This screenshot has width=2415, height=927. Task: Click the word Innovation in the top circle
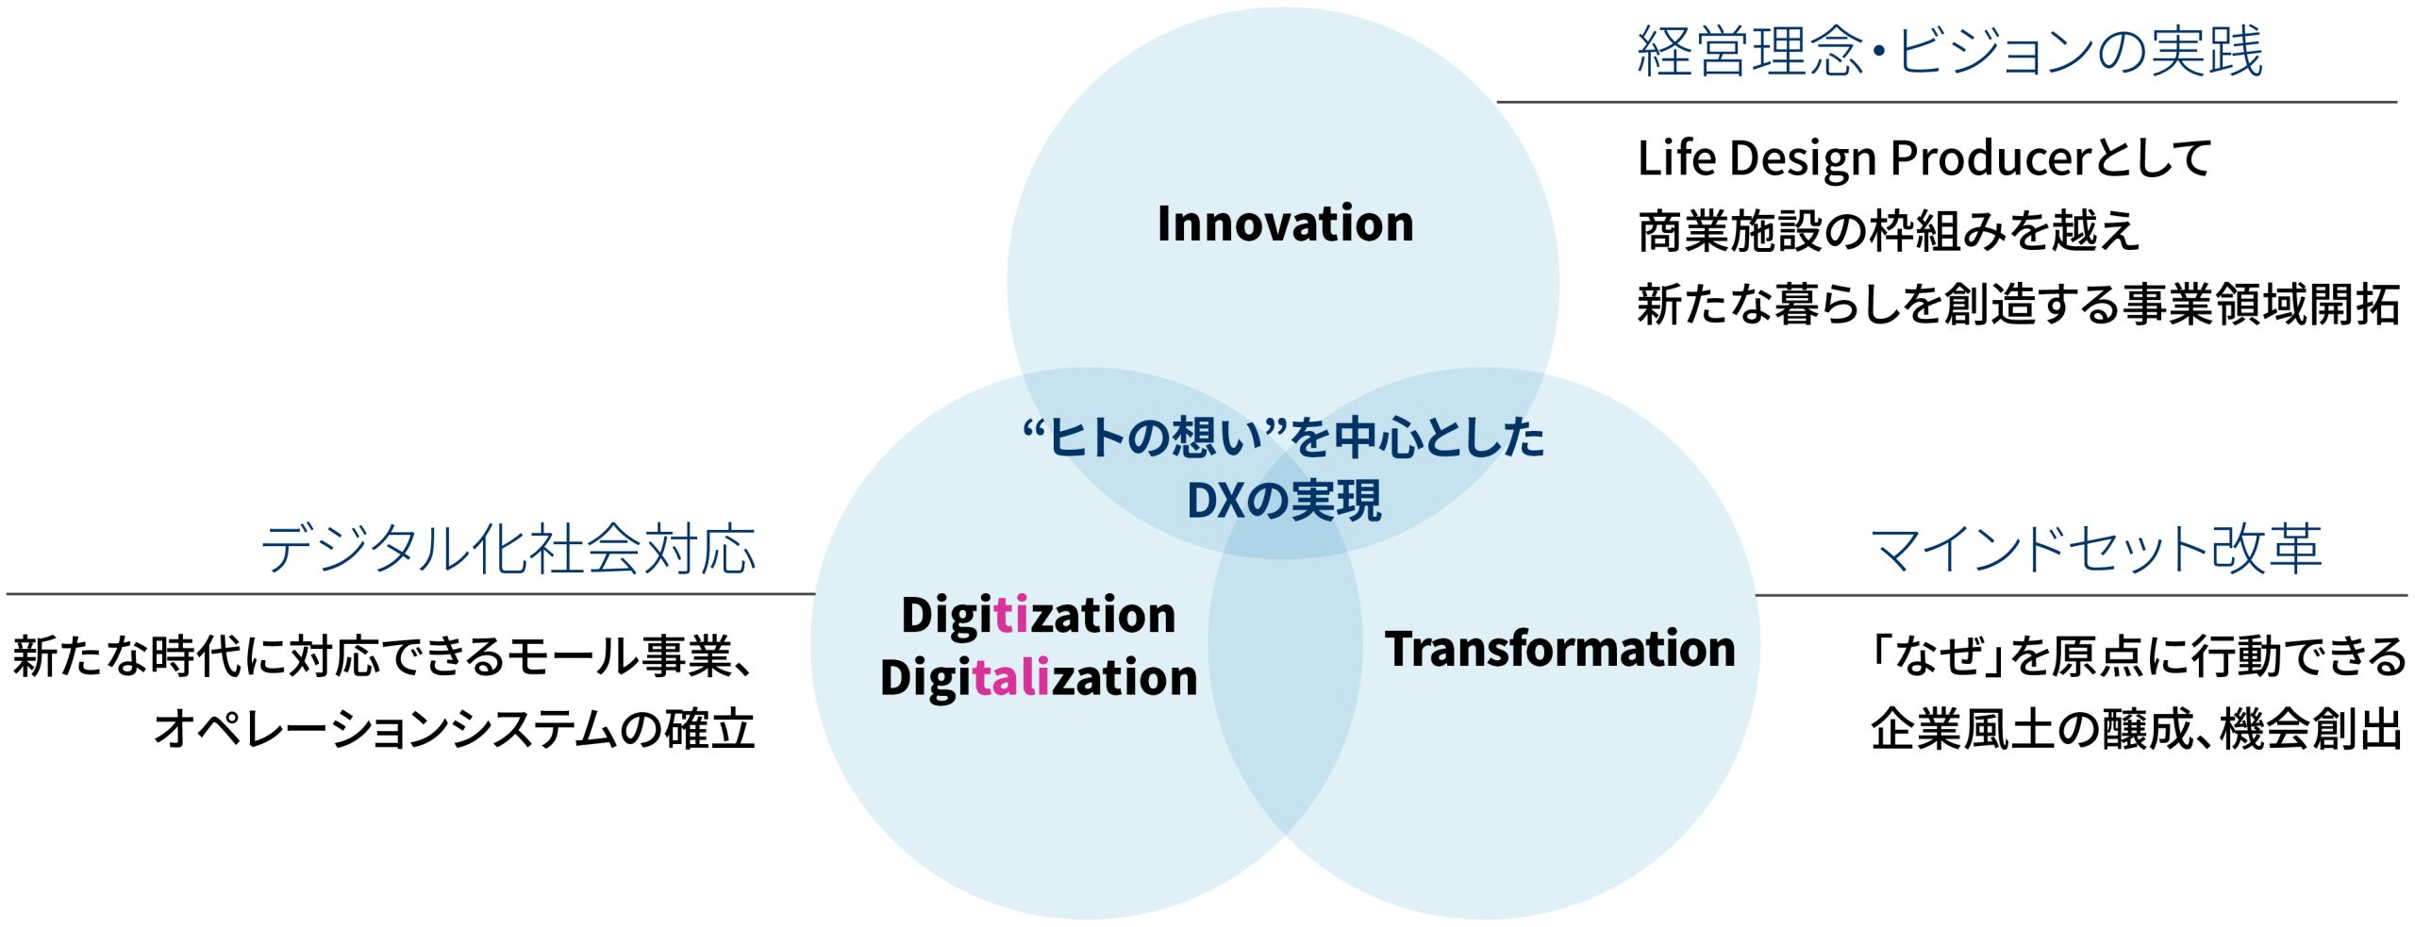pos(1285,224)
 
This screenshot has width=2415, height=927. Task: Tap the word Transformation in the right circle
pos(1559,649)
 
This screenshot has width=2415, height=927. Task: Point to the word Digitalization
pos(1039,679)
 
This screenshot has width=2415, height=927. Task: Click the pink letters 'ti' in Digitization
pos(1010,614)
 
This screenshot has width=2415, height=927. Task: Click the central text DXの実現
pos(1284,501)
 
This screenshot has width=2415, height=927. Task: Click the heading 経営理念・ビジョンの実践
pos(1950,51)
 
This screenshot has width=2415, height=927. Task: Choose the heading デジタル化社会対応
pos(508,548)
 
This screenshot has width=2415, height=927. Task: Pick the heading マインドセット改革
pos(2095,548)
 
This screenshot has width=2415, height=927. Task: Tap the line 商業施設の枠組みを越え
pos(1889,231)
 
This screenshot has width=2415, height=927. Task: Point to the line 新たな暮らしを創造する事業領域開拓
pos(2019,305)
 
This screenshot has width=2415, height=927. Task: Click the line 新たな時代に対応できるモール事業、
pos(384,656)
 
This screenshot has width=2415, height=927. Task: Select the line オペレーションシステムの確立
pos(455,729)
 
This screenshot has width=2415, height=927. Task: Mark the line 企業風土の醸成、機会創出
pos(2137,729)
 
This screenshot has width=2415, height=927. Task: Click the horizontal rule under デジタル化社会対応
pos(410,594)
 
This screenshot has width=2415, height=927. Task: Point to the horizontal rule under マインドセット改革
pos(2081,595)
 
